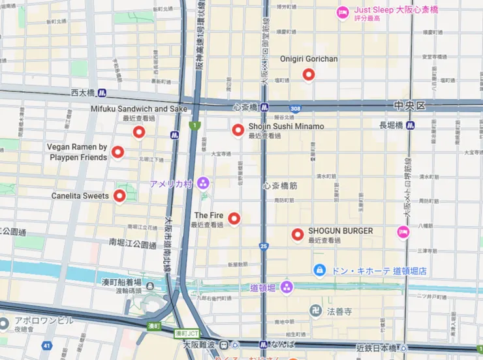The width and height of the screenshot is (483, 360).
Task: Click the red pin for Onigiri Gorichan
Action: coord(309,74)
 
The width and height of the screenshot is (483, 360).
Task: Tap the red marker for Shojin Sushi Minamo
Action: coord(238,129)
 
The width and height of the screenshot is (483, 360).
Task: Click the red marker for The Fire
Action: coord(233,218)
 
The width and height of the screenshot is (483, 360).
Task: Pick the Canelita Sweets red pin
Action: coord(119,195)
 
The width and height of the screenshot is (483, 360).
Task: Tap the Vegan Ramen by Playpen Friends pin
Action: coord(117,152)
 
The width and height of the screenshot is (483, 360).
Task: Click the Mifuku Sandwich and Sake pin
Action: coord(138,132)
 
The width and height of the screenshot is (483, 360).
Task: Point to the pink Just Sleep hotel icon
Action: coord(342,12)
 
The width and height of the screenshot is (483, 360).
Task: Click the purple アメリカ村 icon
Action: coord(203,183)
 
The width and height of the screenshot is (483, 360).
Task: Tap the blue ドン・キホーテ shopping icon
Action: coord(319,269)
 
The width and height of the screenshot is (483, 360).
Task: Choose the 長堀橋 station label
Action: coord(391,125)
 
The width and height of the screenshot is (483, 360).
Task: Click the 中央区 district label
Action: coord(409,106)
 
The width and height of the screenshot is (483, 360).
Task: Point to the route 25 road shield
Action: coord(263,246)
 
